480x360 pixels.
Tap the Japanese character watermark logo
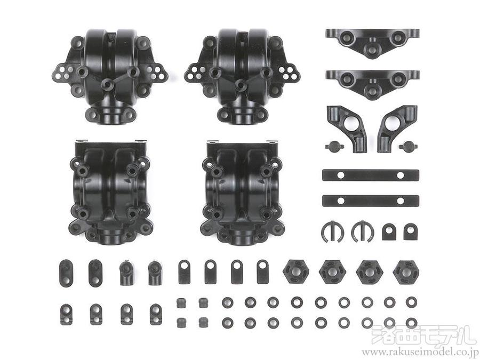pyautogui.click(x=420, y=334)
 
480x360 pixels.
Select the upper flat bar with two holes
pyautogui.click(x=371, y=175)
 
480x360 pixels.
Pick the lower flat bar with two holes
pyautogui.click(x=371, y=201)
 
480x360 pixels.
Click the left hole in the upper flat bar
pyautogui.click(x=340, y=175)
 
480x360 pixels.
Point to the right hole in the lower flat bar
pyautogui.click(x=401, y=201)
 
